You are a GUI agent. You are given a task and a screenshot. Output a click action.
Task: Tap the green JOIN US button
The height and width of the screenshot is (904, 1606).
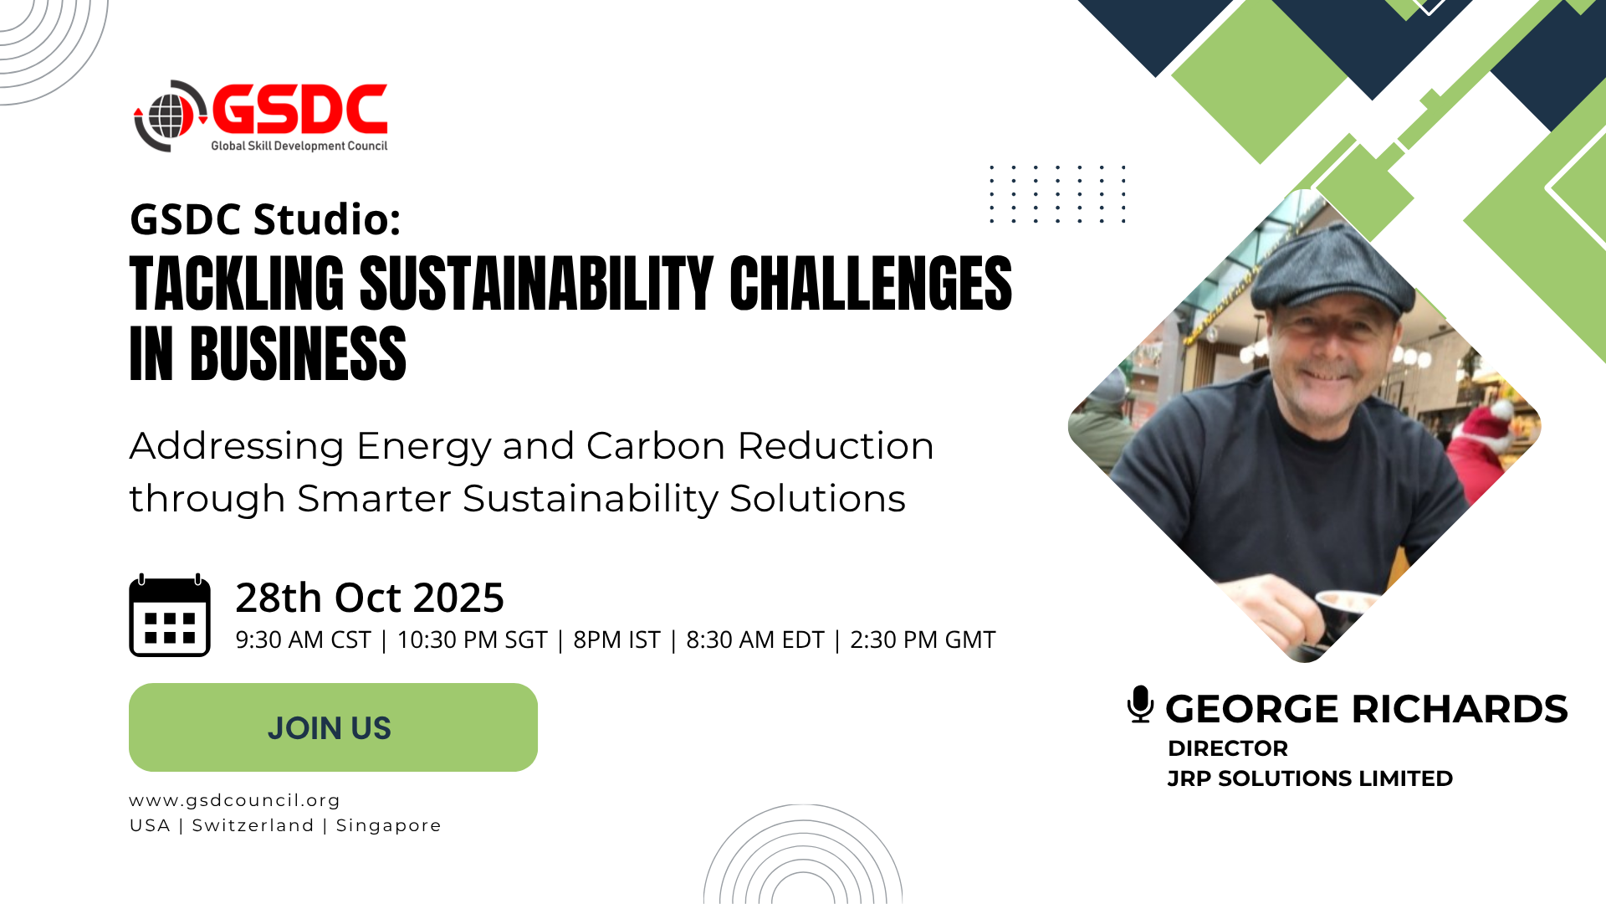click(333, 727)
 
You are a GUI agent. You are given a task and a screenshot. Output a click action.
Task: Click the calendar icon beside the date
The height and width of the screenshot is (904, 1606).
click(170, 615)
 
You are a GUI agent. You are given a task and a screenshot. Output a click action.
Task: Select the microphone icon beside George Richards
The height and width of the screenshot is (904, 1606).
click(1140, 704)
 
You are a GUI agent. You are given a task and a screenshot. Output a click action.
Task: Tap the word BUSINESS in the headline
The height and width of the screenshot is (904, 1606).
click(298, 354)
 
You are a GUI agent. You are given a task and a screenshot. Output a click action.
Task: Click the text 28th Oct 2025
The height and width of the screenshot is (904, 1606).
click(370, 598)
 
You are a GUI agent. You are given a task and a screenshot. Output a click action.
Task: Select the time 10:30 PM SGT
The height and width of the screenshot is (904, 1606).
click(472, 640)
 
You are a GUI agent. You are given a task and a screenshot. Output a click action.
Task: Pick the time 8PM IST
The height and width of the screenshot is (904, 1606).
click(616, 640)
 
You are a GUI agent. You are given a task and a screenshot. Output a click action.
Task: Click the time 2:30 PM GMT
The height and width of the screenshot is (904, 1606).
click(923, 640)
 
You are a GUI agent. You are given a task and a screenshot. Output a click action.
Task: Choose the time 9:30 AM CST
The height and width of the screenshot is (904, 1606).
click(303, 640)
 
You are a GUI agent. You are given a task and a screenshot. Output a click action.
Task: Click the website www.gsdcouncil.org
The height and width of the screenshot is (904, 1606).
click(235, 801)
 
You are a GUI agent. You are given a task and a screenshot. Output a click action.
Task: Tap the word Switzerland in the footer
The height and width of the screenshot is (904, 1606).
click(253, 825)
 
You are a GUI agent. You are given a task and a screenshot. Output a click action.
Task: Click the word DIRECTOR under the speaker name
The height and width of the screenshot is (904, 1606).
click(1228, 748)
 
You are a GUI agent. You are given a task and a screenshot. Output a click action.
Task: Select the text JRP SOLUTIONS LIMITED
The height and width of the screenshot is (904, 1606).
click(1310, 778)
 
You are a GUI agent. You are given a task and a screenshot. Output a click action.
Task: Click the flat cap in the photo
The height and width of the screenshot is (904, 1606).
click(1333, 272)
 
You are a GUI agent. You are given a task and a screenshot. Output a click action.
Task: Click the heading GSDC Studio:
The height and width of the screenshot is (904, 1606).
click(265, 219)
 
